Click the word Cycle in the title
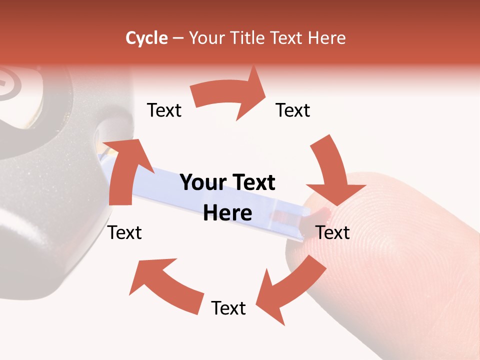tap(146, 38)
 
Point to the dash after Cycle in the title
tap(178, 38)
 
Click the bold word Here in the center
tap(227, 213)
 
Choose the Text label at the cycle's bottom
tap(228, 308)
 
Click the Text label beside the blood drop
tap(333, 232)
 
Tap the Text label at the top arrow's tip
tap(293, 110)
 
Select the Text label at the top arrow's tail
tap(164, 110)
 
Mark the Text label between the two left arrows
tap(125, 232)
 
